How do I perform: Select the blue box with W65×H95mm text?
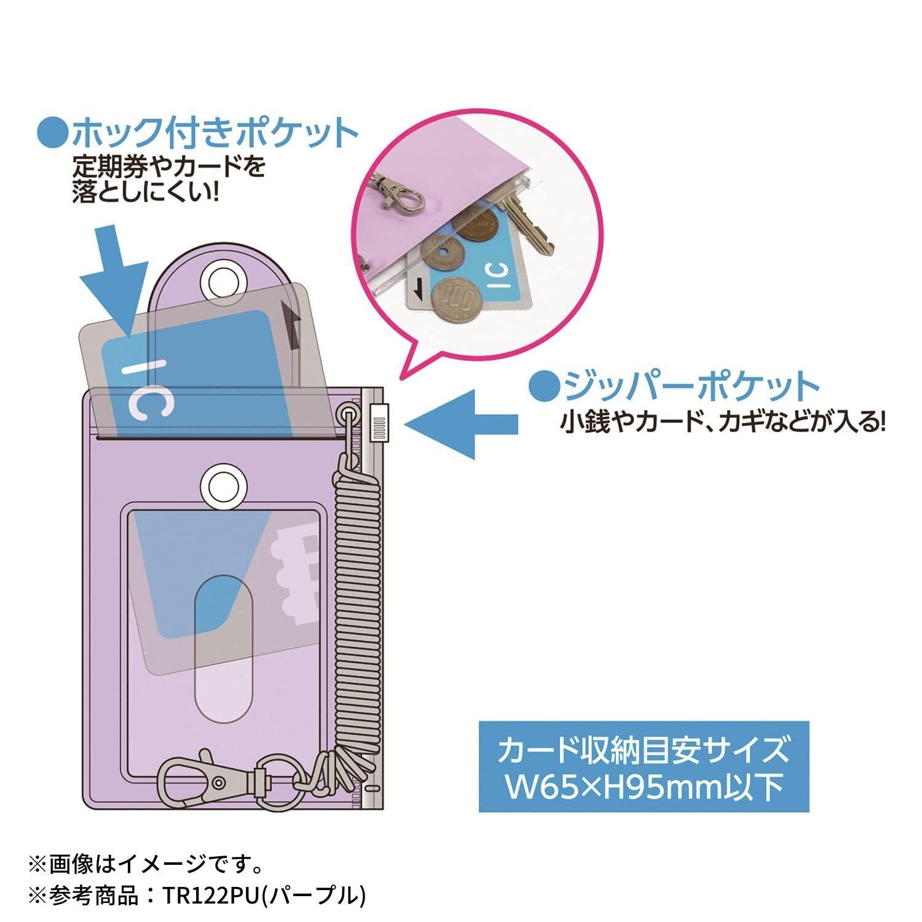click(644, 766)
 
